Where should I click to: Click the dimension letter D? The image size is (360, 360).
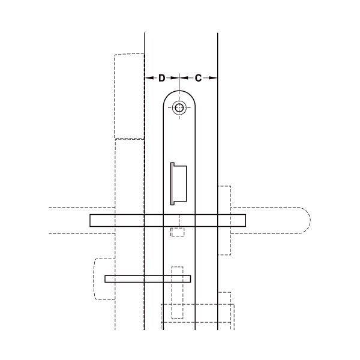[162, 78]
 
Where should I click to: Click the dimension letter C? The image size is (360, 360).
[198, 78]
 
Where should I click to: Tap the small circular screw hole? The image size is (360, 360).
[179, 107]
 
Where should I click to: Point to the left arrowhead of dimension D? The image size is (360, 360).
[149, 78]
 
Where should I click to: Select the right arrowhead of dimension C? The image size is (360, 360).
[213, 78]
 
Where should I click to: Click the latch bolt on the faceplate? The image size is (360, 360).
[179, 184]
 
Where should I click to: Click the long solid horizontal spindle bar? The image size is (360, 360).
[167, 220]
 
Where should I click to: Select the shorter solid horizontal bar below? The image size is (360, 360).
[148, 279]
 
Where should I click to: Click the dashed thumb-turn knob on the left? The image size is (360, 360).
[104, 279]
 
